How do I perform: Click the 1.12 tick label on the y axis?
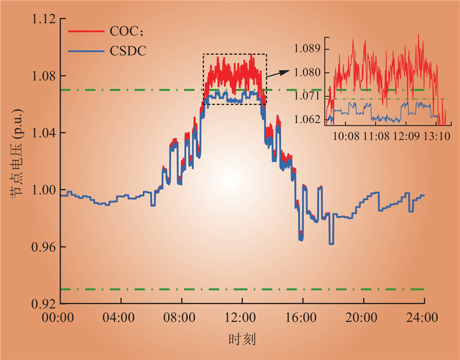click(x=45, y=19)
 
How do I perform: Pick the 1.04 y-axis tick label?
click(x=45, y=133)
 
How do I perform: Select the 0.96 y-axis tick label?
click(x=45, y=247)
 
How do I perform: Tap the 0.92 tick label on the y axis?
click(x=45, y=304)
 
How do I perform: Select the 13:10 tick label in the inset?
click(x=437, y=137)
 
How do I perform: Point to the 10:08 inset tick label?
click(x=346, y=137)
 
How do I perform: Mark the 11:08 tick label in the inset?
click(x=376, y=137)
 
